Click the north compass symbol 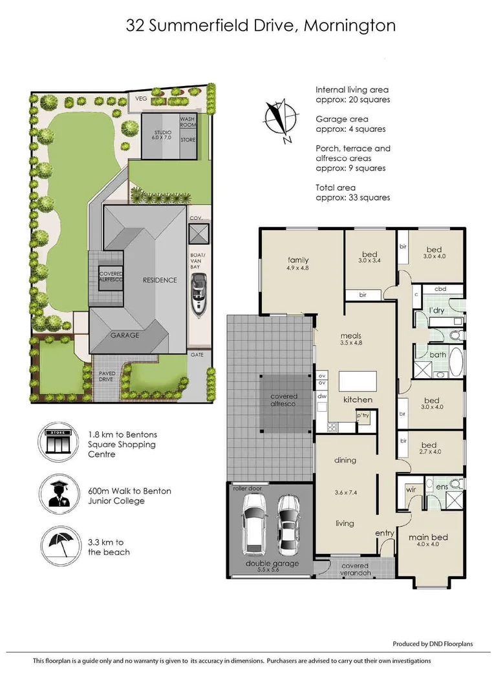tap(280, 120)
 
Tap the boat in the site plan tap(199, 295)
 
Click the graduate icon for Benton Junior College tap(58, 496)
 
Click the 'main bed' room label tap(428, 537)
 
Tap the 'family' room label tap(298, 260)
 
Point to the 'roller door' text tap(247, 489)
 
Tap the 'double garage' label tap(272, 563)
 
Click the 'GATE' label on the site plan tap(197, 355)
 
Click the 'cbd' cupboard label tap(441, 289)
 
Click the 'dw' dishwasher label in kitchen tap(321, 397)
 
